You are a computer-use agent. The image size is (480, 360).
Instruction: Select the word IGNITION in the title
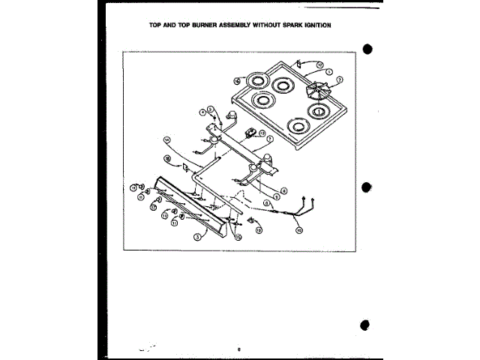click(314, 25)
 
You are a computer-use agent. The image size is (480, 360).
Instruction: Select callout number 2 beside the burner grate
click(339, 79)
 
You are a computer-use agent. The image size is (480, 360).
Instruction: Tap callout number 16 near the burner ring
click(236, 80)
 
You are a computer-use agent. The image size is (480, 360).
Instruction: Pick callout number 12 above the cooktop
click(319, 65)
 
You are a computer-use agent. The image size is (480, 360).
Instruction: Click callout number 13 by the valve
click(262, 133)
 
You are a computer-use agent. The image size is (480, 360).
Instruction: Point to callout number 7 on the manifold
click(270, 139)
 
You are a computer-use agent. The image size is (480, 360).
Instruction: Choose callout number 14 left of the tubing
click(167, 139)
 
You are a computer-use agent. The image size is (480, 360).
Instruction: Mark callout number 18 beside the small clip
click(168, 159)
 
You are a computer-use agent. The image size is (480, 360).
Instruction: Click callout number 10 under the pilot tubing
click(298, 231)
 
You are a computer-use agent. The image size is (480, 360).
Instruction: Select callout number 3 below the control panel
click(196, 235)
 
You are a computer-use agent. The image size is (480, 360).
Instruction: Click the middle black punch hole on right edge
click(367, 187)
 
